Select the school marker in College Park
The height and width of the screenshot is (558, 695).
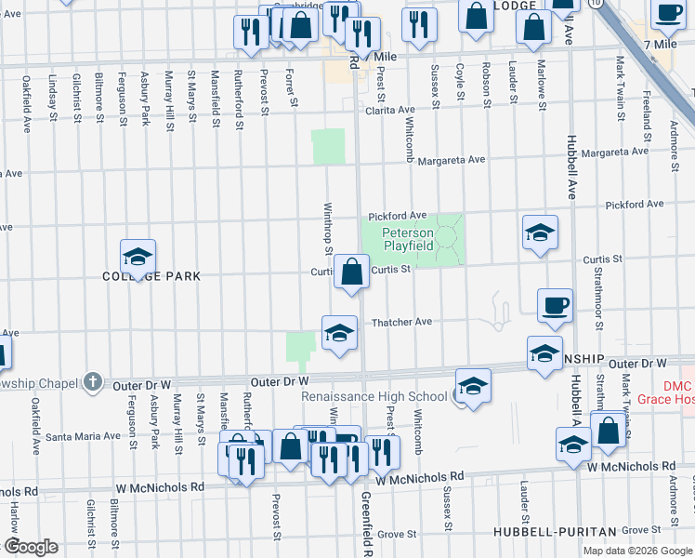138,258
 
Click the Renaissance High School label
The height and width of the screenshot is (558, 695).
374,396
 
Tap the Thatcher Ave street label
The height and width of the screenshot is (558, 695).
401,322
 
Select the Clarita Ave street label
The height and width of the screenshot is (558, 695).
388,110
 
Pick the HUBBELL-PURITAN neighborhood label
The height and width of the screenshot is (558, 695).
555,531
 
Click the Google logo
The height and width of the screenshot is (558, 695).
30,547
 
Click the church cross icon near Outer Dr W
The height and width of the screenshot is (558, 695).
91,381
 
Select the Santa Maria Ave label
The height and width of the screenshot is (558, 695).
78,436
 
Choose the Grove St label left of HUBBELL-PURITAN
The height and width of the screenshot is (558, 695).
397,534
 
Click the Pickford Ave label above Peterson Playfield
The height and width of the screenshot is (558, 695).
397,215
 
